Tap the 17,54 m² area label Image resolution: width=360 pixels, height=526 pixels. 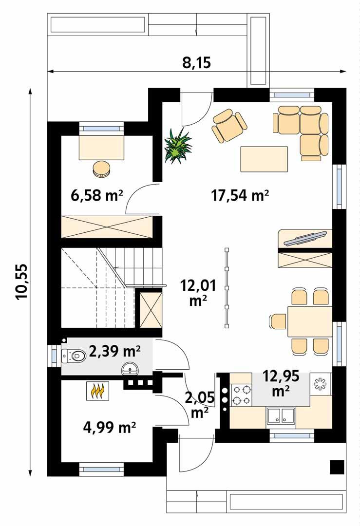pos(241,195)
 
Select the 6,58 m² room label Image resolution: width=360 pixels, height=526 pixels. pos(96,195)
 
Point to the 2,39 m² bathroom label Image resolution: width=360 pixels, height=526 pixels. pos(115,351)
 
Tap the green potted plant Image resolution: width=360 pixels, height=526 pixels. pos(178,145)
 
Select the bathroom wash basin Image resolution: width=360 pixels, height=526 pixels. pos(131,369)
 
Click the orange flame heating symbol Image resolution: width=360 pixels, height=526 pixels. pos(98,391)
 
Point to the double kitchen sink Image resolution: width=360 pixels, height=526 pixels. pos(281,416)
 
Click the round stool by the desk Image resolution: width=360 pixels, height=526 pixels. pos(102,169)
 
